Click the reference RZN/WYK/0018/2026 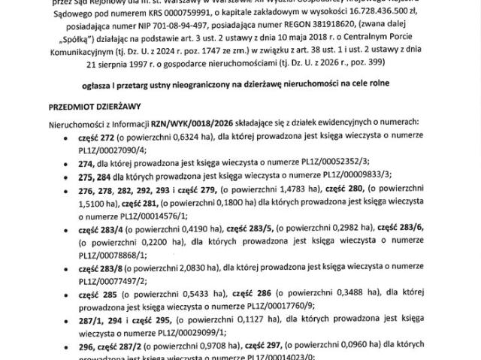coord(185,122)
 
